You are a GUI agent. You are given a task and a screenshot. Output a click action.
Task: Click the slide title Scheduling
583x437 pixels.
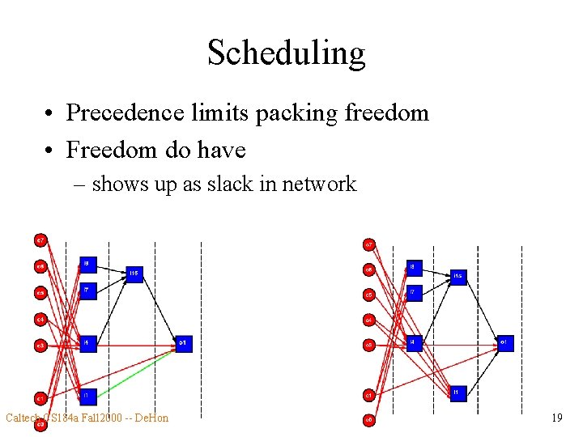tap(286, 53)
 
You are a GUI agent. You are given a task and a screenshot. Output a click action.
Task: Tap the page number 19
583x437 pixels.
tap(556, 418)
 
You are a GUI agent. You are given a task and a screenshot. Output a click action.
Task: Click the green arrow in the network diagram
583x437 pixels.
tap(134, 371)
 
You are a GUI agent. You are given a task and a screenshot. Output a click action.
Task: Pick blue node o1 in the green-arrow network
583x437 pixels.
tap(184, 344)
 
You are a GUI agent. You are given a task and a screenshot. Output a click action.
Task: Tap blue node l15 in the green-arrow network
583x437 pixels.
tap(134, 274)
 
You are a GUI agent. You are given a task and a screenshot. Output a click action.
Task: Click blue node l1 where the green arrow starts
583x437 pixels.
tap(88, 396)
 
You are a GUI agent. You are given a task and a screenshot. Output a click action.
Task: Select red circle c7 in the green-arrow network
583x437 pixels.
tap(40, 240)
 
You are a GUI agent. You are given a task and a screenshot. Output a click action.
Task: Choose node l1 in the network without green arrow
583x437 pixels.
tap(458, 392)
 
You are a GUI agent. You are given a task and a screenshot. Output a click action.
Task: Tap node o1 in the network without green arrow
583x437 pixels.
tap(505, 344)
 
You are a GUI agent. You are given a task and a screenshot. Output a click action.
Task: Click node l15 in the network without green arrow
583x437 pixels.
tap(458, 277)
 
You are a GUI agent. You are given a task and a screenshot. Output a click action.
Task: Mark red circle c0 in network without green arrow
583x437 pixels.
tap(368, 420)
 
